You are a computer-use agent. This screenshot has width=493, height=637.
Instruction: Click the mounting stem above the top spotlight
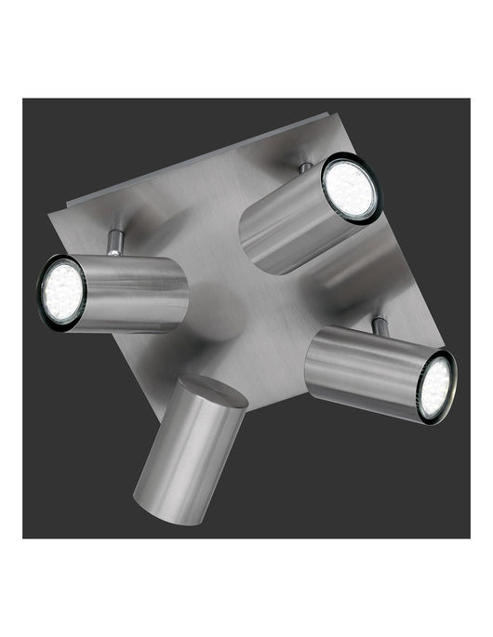[x=305, y=168]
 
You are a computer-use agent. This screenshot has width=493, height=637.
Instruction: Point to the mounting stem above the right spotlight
[x=380, y=326]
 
